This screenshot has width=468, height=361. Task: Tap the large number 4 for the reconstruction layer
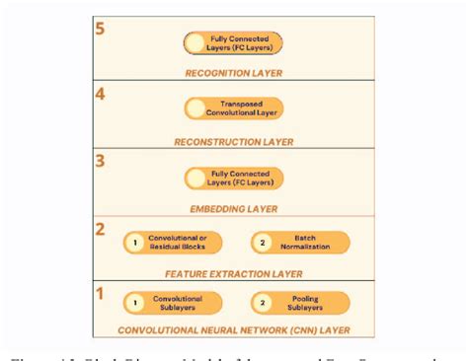point(99,96)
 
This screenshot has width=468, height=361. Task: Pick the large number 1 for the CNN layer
point(99,294)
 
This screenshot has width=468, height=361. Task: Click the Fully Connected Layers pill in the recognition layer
point(233,42)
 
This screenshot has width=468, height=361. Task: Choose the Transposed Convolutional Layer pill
point(233,109)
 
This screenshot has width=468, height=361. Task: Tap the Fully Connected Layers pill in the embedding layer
point(233,179)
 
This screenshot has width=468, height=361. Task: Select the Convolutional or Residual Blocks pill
point(172,243)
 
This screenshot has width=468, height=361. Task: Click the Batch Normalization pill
point(299,243)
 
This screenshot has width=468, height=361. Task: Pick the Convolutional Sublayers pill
point(172,303)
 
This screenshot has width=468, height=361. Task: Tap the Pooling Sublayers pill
point(299,303)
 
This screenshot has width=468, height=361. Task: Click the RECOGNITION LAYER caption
point(233,73)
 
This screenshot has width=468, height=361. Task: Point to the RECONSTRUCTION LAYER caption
point(233,141)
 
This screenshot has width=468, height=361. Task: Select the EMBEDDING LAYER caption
point(233,209)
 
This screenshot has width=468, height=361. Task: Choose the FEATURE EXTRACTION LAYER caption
point(233,270)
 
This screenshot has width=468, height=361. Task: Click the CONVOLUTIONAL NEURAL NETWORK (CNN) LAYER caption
point(233,330)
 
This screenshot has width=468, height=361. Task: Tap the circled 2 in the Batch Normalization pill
point(263,243)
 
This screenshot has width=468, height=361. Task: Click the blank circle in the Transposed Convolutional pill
point(197,109)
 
